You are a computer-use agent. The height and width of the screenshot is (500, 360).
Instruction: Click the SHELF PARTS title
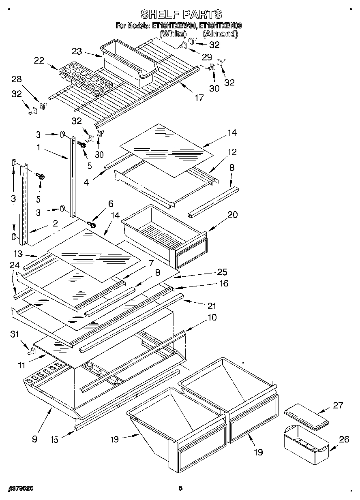(x=181, y=14)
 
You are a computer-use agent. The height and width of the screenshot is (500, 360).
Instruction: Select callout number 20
(x=233, y=215)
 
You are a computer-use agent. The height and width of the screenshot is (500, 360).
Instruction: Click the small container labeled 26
(x=306, y=444)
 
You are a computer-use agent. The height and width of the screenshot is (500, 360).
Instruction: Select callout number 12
(x=232, y=152)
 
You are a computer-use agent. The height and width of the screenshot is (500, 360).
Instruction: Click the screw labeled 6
(x=92, y=223)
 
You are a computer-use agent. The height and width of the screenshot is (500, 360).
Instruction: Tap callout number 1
(x=38, y=148)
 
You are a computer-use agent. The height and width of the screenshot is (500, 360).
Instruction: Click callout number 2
(x=55, y=223)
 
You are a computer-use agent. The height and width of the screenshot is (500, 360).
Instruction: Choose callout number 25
(x=222, y=272)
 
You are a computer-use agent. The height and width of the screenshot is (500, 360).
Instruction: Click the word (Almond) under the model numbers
(x=220, y=34)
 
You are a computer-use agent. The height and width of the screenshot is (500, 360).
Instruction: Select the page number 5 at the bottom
(x=181, y=488)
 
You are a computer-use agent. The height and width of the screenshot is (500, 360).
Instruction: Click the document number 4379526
(x=20, y=488)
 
